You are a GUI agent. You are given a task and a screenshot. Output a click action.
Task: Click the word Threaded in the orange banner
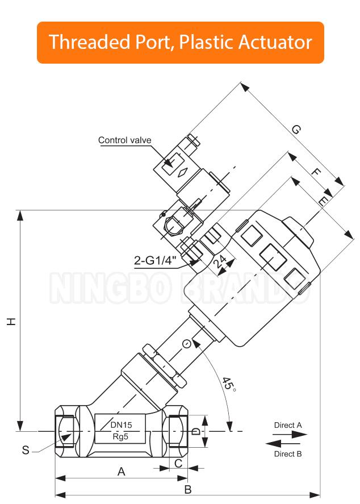click(x=90, y=42)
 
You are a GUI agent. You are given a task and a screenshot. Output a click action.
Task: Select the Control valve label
click(x=124, y=140)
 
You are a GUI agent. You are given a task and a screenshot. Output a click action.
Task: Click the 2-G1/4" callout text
click(x=156, y=260)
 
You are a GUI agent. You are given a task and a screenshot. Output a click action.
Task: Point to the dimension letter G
click(x=296, y=130)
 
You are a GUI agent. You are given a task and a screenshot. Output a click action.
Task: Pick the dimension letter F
click(x=316, y=172)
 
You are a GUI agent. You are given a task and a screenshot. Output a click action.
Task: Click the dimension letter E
click(x=323, y=201)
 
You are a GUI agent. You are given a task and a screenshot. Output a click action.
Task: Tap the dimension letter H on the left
click(x=11, y=322)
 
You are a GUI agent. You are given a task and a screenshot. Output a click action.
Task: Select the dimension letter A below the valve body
click(x=121, y=472)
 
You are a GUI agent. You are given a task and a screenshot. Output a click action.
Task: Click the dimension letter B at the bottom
click(x=188, y=490)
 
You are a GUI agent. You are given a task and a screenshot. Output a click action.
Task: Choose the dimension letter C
click(x=178, y=463)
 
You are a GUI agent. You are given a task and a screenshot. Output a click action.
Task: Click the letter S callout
click(x=26, y=450)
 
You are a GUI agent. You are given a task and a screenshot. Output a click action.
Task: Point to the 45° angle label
click(x=228, y=384)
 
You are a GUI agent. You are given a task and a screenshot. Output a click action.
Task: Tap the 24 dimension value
click(x=220, y=261)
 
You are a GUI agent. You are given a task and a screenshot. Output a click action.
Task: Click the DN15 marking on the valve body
click(x=121, y=425)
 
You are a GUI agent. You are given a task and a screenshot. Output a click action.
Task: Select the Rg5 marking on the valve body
click(x=120, y=436)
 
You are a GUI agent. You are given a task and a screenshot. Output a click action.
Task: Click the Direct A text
click(x=288, y=425)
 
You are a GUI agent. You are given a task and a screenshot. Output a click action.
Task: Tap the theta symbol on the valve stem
click(x=187, y=344)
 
